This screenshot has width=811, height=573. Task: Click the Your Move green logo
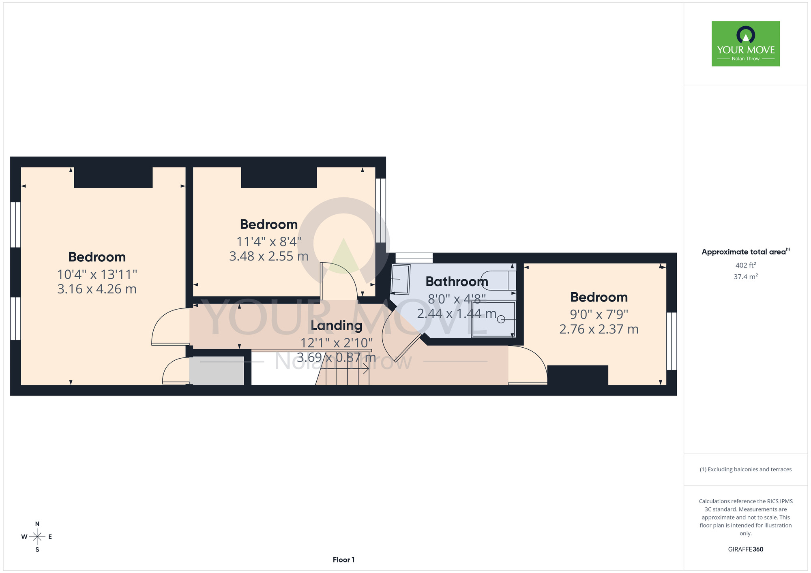pyautogui.click(x=745, y=44)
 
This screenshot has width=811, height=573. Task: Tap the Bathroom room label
pyautogui.click(x=457, y=281)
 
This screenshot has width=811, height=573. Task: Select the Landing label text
pyautogui.click(x=337, y=325)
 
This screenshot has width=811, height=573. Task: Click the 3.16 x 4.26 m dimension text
pyautogui.click(x=97, y=289)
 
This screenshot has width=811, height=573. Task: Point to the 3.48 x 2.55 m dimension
pyautogui.click(x=269, y=256)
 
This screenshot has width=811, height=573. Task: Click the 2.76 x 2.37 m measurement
pyautogui.click(x=599, y=329)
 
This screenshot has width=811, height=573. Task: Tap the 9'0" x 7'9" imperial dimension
pyautogui.click(x=599, y=314)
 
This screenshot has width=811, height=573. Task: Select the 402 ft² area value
pyautogui.click(x=745, y=265)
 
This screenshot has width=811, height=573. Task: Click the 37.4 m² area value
pyautogui.click(x=745, y=277)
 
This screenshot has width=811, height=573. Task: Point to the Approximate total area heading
pyautogui.click(x=745, y=252)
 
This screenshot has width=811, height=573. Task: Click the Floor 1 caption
pyautogui.click(x=343, y=560)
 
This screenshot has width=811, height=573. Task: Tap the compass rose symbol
pyautogui.click(x=37, y=537)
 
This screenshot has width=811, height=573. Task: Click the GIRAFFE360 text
pyautogui.click(x=745, y=549)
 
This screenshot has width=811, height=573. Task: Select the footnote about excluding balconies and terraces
pyautogui.click(x=745, y=469)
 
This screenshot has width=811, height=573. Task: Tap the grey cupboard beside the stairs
pyautogui.click(x=217, y=371)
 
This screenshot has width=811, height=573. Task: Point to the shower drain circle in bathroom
pyautogui.click(x=501, y=319)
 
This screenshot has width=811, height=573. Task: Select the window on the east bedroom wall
pyautogui.click(x=672, y=341)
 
